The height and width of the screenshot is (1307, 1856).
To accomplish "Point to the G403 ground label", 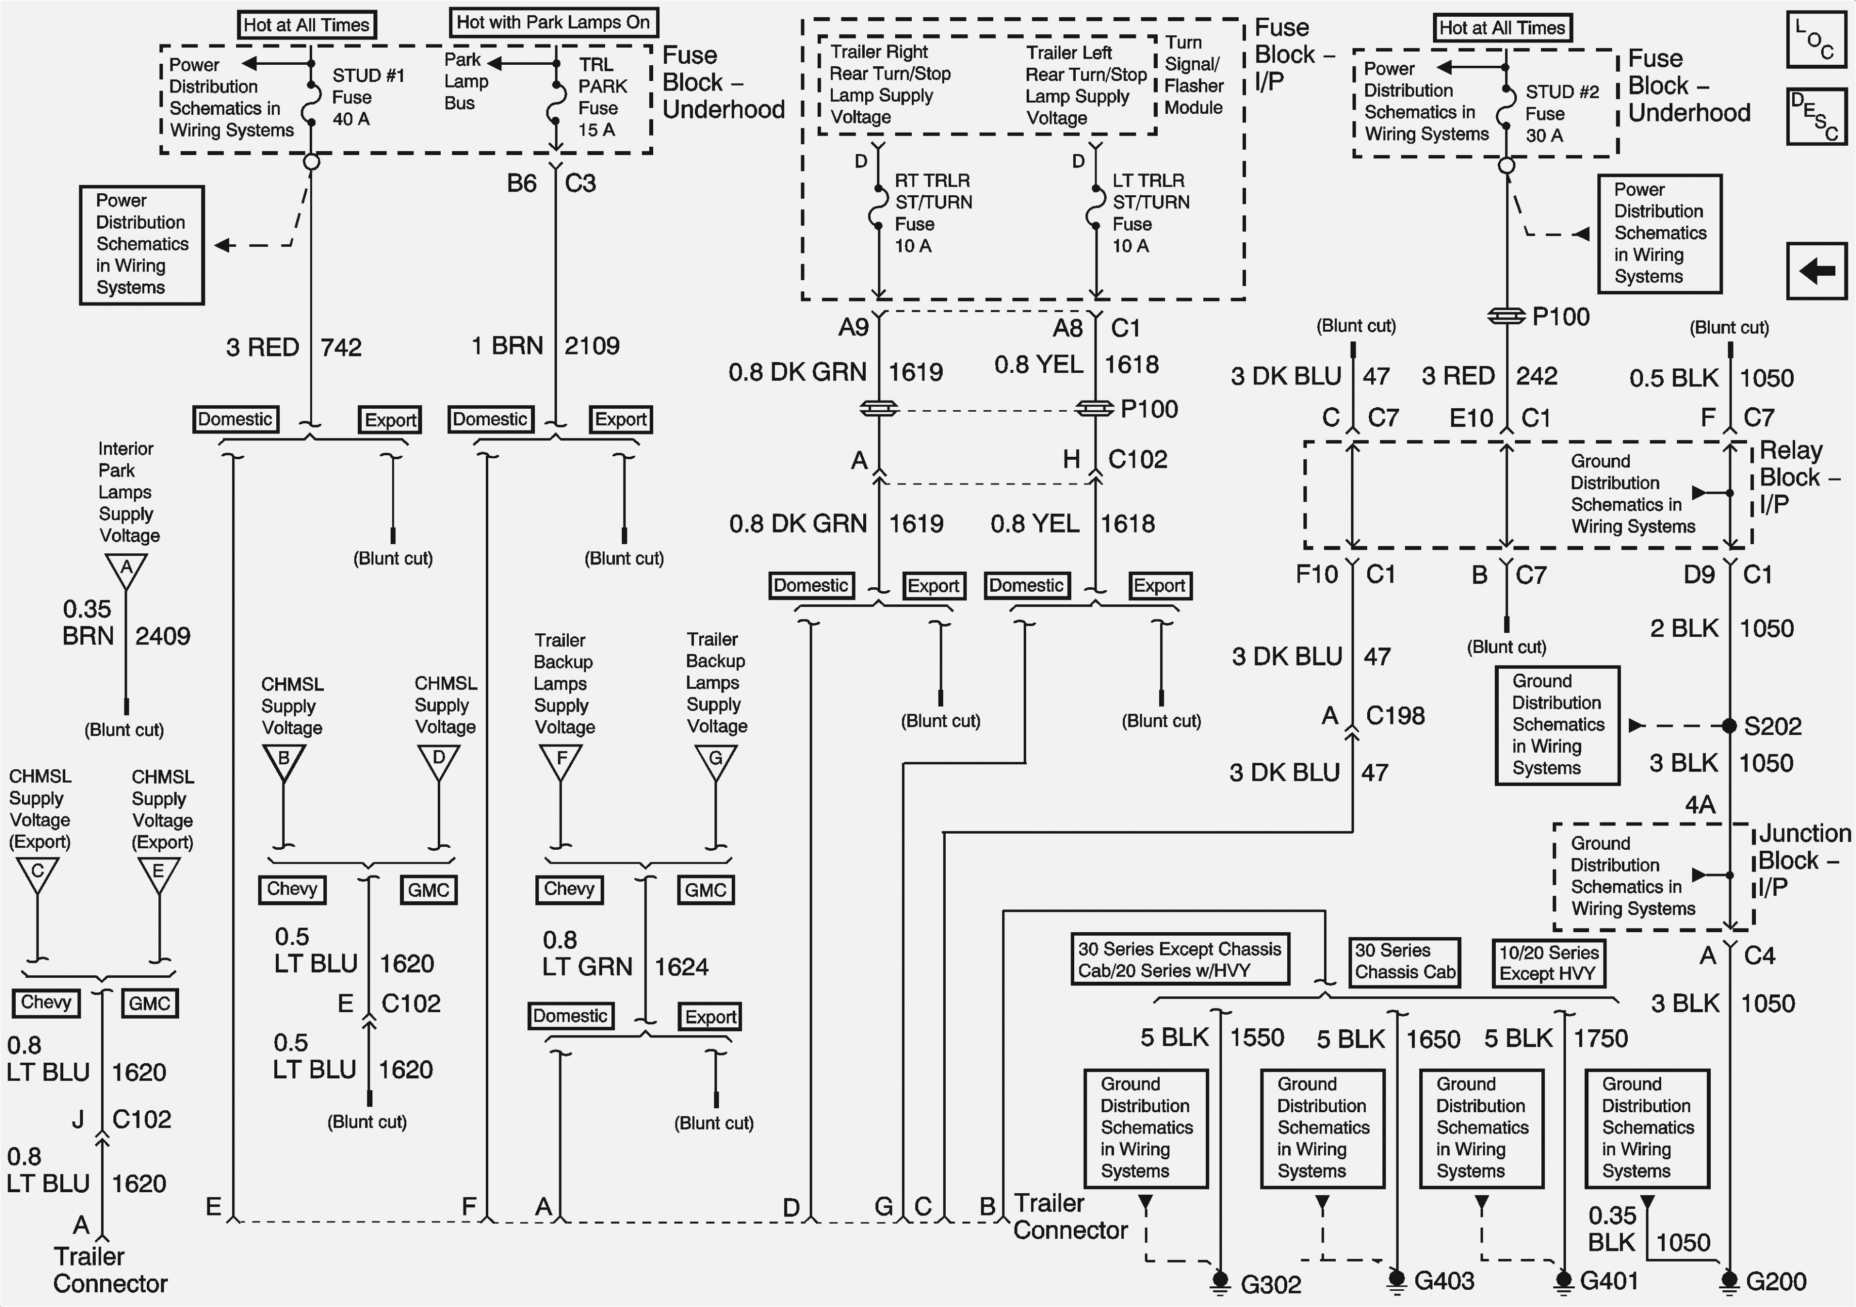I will [x=1444, y=1280].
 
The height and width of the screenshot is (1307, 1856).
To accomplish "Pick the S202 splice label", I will [x=1773, y=726].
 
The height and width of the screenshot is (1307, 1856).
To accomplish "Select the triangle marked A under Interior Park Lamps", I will [x=126, y=570].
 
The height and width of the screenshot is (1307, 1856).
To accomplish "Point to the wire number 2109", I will [x=592, y=346].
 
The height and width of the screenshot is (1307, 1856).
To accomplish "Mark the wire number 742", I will [x=341, y=347].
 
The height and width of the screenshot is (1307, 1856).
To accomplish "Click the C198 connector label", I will [x=1395, y=715].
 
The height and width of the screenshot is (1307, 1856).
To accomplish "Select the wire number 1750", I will [x=1600, y=1038].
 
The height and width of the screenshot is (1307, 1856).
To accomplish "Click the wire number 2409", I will [x=162, y=636].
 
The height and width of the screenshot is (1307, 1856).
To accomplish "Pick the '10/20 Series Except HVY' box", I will [x=1548, y=963].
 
